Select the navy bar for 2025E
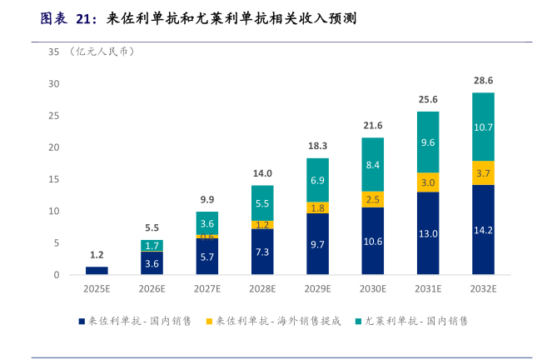point(97,270)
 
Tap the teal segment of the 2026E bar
point(152,246)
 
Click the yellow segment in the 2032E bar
point(483,172)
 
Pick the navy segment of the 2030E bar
point(372,241)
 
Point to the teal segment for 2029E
point(317,180)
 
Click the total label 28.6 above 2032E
point(483,81)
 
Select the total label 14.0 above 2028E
point(262,173)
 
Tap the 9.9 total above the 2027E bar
point(206,199)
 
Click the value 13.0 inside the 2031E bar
point(428,234)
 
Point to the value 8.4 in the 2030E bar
point(372,165)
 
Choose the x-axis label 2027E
point(206,289)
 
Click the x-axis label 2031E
point(428,289)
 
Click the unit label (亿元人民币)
point(103,52)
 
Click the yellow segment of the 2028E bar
point(262,225)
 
